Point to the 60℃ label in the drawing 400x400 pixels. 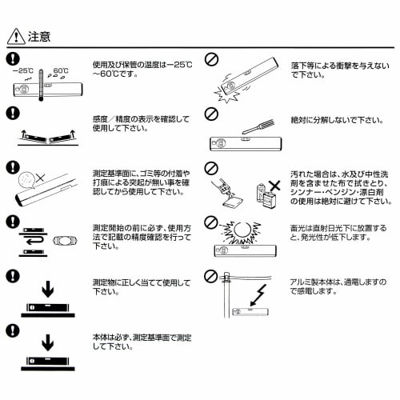pos(62,70)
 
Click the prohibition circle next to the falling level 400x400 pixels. pos(212,59)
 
